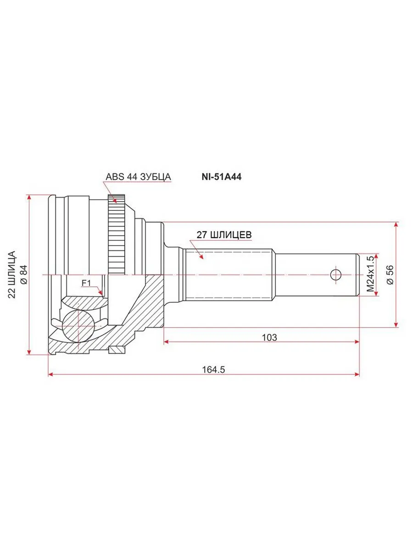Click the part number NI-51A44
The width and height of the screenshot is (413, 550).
222,177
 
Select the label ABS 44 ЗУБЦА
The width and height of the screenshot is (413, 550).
138,176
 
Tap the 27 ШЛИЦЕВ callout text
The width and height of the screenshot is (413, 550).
224,235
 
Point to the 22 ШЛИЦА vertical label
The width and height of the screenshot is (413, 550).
12,275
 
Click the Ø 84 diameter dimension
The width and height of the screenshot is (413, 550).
24,275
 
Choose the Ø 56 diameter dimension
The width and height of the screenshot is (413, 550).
391,275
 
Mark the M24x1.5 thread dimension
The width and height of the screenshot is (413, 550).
370,275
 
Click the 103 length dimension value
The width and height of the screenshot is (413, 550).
269,337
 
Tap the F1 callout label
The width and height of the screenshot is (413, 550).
86,283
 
